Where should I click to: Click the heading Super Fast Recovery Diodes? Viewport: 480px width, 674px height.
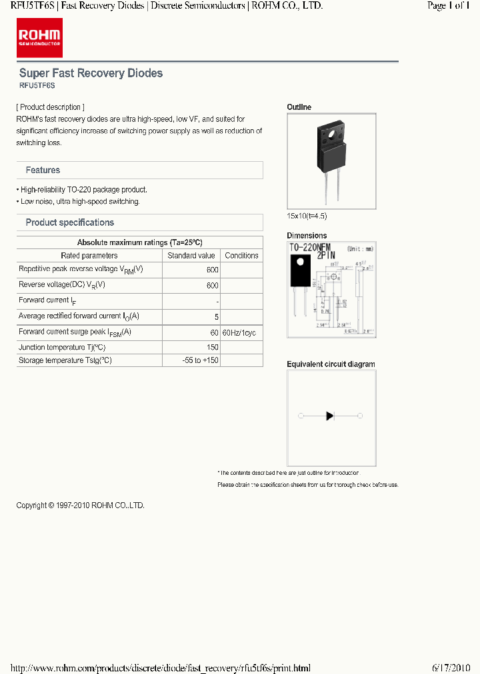point(91,73)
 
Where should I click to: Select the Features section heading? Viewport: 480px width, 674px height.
point(43,170)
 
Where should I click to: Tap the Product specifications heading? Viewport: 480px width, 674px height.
point(69,222)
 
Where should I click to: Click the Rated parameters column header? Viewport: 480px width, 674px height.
point(89,256)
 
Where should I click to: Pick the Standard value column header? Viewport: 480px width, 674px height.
point(191,256)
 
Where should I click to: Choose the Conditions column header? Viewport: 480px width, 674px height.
point(241,256)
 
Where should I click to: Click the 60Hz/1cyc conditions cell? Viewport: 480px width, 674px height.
point(239,332)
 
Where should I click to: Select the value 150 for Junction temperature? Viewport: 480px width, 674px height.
point(212,348)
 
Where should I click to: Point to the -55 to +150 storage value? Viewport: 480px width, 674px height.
point(200,360)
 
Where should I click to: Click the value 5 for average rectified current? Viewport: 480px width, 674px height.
point(216,316)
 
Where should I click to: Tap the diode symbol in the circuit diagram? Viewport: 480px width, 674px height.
point(329,416)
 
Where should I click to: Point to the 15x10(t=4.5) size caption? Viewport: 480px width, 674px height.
point(307,216)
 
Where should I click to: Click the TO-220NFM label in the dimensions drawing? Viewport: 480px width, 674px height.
point(311,248)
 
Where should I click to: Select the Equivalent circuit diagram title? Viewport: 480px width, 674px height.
point(331,364)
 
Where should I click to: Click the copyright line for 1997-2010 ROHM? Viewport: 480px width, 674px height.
point(80,506)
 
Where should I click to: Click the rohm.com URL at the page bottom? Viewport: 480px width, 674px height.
point(161,668)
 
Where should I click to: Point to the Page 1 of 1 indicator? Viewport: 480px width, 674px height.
point(448,5)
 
